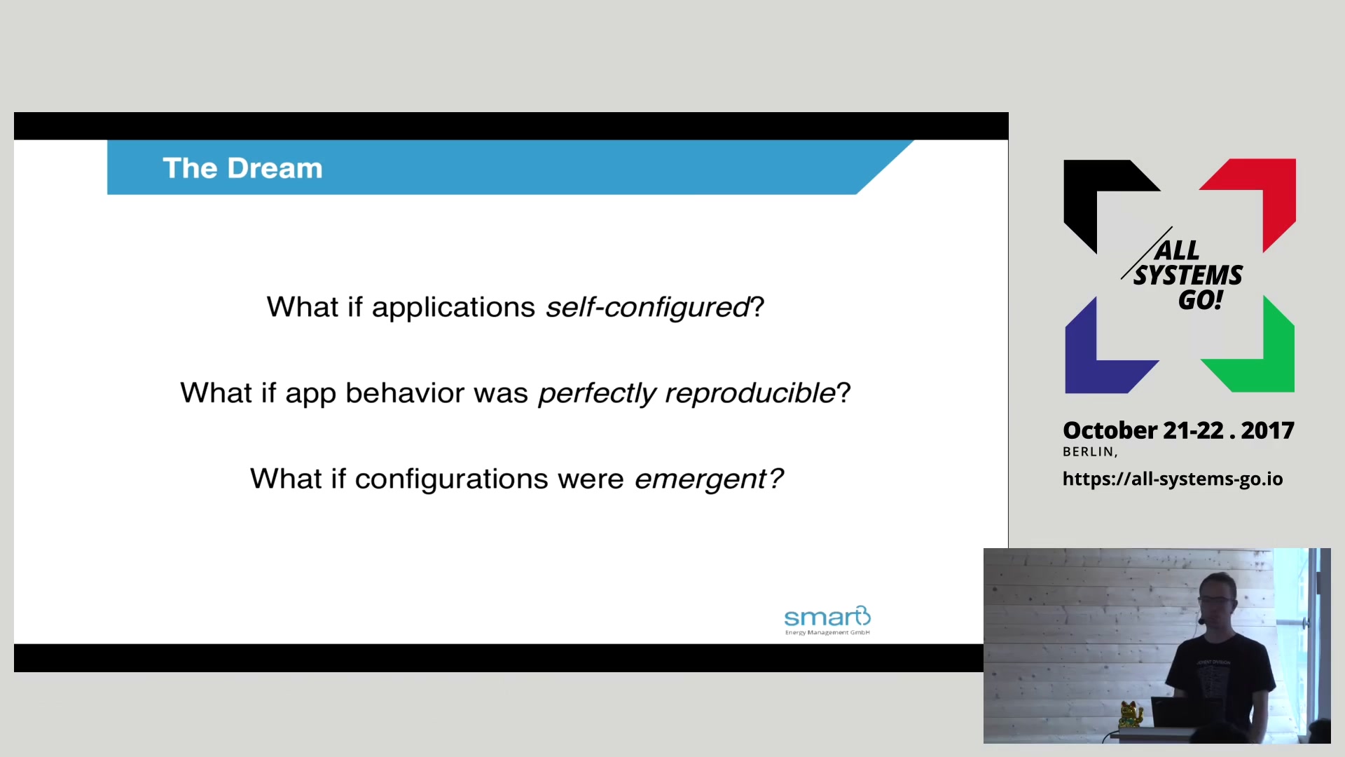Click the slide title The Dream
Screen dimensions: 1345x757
tap(242, 168)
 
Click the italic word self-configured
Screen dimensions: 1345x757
tap(648, 308)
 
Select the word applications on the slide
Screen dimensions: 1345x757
tap(453, 308)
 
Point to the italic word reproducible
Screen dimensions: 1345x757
tap(750, 393)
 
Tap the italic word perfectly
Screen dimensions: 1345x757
tap(597, 393)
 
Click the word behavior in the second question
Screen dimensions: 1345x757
tap(406, 393)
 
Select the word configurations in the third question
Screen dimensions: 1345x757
tap(451, 479)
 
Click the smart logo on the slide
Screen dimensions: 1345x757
tap(827, 620)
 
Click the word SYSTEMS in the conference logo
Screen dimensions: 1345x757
tap(1188, 275)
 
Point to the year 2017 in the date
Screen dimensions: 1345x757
tap(1267, 430)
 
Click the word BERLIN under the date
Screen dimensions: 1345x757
tap(1088, 452)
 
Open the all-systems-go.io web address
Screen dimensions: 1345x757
tap(1173, 479)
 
